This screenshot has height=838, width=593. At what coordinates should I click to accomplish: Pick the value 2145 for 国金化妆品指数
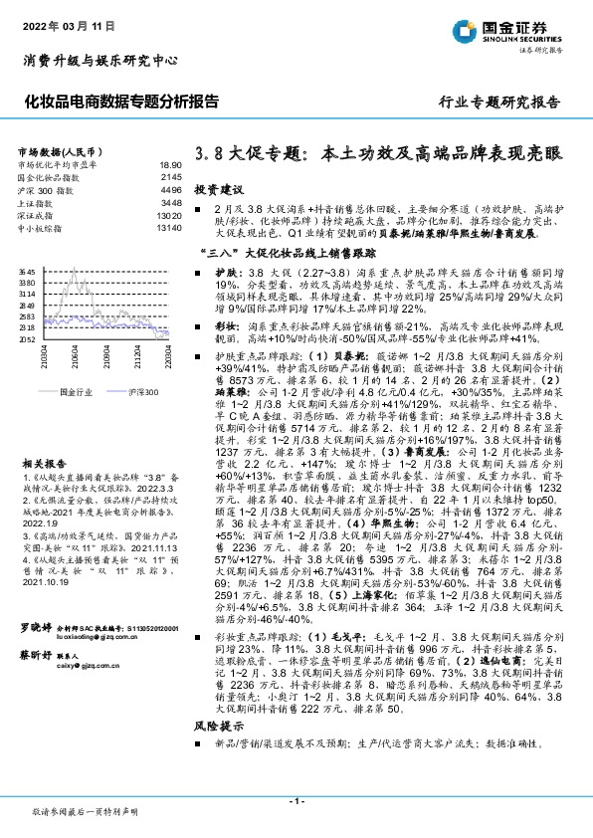click(171, 176)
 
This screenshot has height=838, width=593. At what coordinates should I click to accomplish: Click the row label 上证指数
click(37, 201)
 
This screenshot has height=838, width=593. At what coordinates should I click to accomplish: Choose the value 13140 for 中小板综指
click(168, 226)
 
